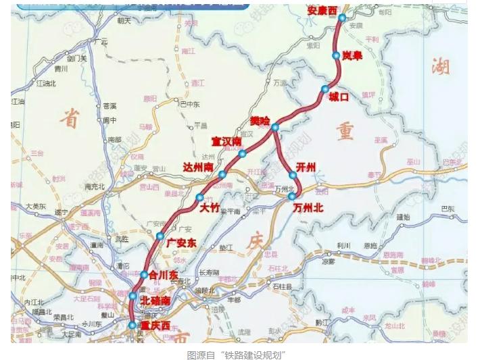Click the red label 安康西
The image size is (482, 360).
(322, 11)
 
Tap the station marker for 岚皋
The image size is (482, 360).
(336, 55)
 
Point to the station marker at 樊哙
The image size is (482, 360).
(275, 127)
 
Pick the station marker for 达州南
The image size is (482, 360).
(222, 174)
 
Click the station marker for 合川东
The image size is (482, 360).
(144, 274)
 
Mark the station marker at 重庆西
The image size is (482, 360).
(132, 325)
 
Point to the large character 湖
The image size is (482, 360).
(441, 66)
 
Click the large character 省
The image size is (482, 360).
(68, 119)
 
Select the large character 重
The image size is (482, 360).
(343, 130)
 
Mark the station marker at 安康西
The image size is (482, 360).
(342, 18)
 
